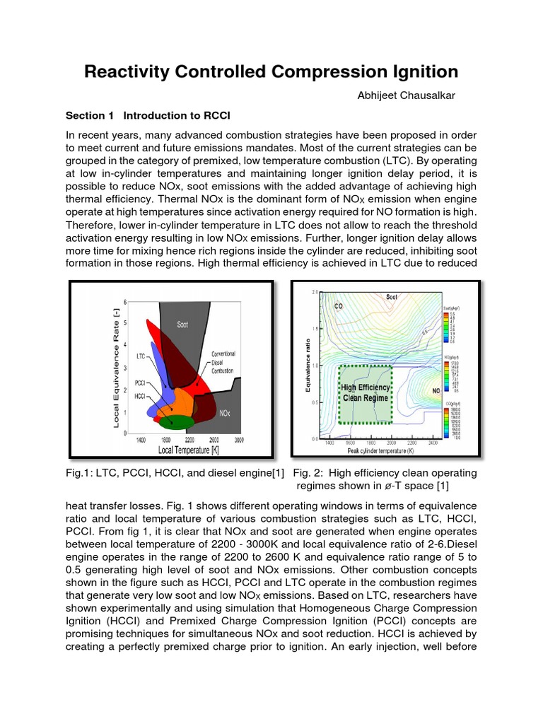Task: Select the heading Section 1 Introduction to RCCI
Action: [x=148, y=116]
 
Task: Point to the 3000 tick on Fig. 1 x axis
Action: [x=238, y=440]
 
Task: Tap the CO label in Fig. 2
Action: [x=339, y=307]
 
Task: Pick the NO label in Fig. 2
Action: [x=436, y=390]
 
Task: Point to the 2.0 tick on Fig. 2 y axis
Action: [x=315, y=292]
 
